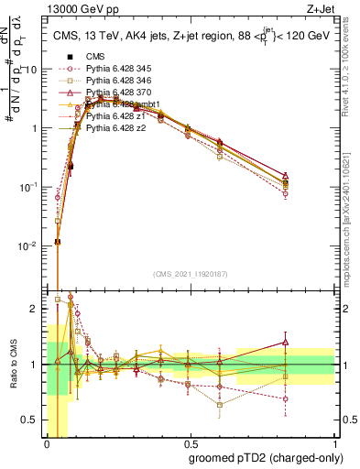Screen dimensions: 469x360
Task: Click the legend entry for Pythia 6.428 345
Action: (x=115, y=82)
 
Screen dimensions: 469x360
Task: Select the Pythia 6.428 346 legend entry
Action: (x=115, y=93)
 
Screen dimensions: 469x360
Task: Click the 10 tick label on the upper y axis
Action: (x=35, y=70)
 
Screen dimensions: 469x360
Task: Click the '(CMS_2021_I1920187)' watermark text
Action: (x=191, y=273)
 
